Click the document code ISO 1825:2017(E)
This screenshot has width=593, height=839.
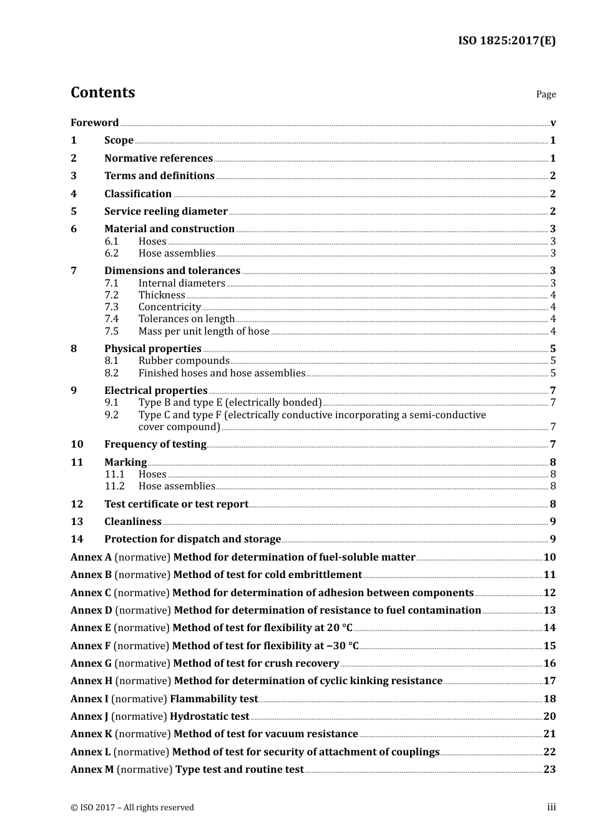click(x=506, y=41)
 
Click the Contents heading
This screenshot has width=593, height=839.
click(x=102, y=92)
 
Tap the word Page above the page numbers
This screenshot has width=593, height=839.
click(x=546, y=94)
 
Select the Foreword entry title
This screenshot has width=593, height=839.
click(x=94, y=122)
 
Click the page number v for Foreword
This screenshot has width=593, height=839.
click(x=552, y=122)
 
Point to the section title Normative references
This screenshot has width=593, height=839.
click(x=159, y=158)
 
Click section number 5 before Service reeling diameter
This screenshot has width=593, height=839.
click(x=74, y=211)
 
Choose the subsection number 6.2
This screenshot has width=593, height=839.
click(x=111, y=253)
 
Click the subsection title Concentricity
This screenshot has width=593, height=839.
click(x=169, y=307)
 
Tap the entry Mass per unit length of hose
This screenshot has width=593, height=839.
click(x=203, y=331)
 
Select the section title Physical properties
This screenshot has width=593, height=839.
click(x=153, y=348)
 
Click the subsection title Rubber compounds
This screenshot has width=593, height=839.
click(x=184, y=360)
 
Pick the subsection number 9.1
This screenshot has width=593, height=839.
click(x=111, y=402)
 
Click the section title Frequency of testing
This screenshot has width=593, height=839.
click(x=155, y=444)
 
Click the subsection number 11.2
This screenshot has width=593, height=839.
click(x=114, y=486)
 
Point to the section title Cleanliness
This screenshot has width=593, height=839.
click(x=133, y=521)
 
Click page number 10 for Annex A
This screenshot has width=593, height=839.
click(x=549, y=557)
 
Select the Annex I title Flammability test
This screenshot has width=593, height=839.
click(x=213, y=699)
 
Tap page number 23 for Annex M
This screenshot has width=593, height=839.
click(x=549, y=769)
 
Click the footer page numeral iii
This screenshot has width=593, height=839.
click(x=551, y=807)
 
